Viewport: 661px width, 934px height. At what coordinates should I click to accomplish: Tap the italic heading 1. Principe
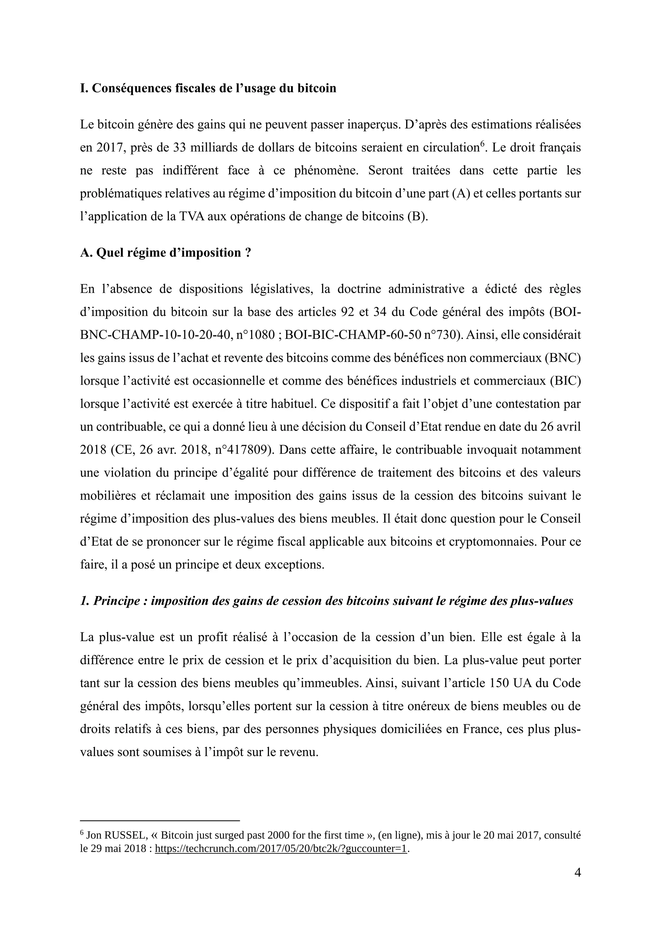pyautogui.click(x=326, y=601)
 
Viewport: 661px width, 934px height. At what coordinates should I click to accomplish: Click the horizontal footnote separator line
pyautogui.click(x=159, y=821)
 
